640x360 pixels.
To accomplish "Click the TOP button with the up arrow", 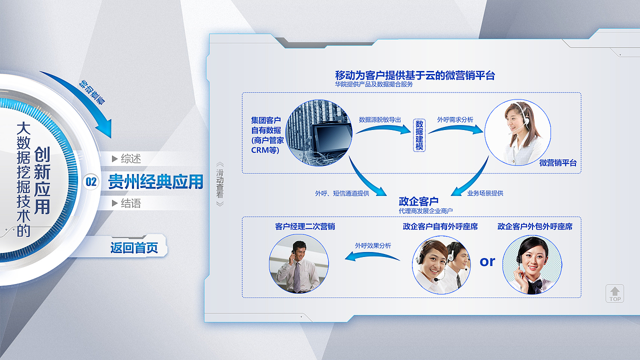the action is pos(614,293).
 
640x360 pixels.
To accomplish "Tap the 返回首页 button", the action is pos(134,247).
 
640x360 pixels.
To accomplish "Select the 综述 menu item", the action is pos(126,158).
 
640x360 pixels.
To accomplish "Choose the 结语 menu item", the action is pos(126,203).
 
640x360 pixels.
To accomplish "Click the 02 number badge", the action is pos(91,182).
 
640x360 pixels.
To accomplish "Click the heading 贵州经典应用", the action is pos(155,181).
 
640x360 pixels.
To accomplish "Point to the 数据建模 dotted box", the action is pos(419,135).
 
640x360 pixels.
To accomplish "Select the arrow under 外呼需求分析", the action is pos(456,129).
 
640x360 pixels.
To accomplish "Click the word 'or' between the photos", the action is pos(487,261).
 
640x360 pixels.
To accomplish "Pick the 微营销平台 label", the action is pos(558,163).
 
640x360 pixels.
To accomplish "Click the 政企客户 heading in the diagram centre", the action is pos(418,201).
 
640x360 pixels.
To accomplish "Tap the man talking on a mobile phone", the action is pos(297,266).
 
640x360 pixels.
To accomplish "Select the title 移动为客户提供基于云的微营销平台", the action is pos(415,75).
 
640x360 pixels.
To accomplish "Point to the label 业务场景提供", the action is pos(485,193).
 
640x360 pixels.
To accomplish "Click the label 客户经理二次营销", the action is pos(305,226).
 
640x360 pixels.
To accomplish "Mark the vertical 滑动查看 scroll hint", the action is pos(219,184).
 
